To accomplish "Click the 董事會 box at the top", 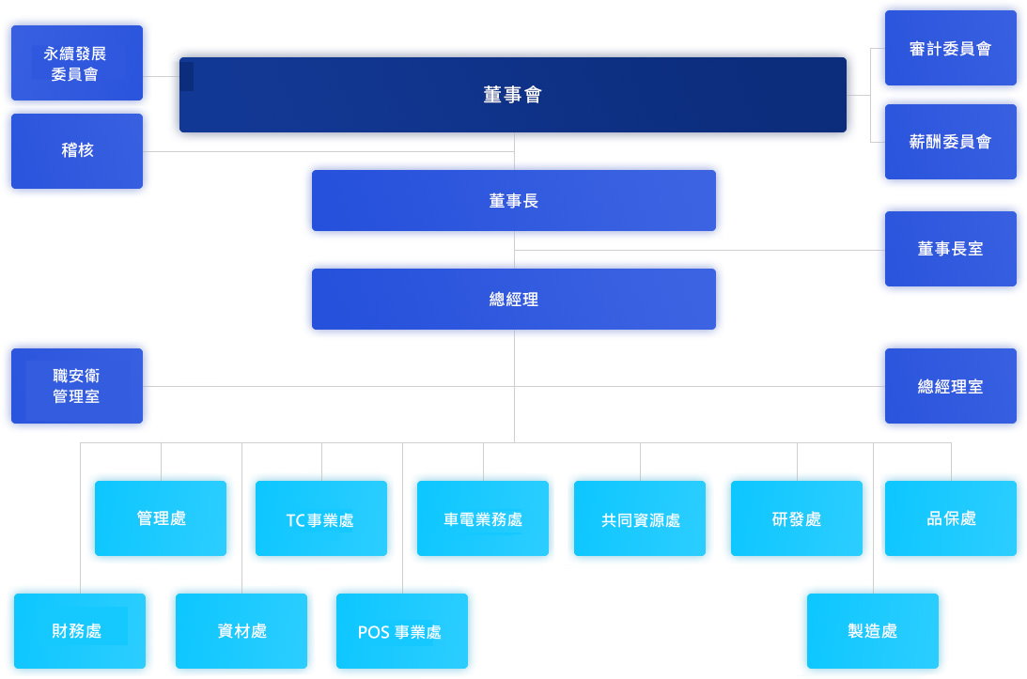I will point(512,95).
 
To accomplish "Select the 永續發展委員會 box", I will point(76,63).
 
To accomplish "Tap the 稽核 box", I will point(76,150).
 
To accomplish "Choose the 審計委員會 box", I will point(950,48).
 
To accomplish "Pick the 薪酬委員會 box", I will point(950,142).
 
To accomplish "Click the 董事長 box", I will point(513,200).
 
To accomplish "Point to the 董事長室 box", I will point(950,249).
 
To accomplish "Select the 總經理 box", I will point(513,299).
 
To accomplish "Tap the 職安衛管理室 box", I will point(76,386).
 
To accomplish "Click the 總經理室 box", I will point(950,386).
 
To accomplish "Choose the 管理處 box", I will point(161,518).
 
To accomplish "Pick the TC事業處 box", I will point(320,518).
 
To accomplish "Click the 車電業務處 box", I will point(482,518).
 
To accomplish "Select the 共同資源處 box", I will point(640,518).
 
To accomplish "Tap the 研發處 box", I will point(796,518).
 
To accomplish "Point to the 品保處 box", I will point(950,518).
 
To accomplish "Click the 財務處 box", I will point(79,631).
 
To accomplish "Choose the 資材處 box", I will point(241,631).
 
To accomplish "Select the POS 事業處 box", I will point(401,631).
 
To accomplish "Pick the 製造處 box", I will point(872,631).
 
